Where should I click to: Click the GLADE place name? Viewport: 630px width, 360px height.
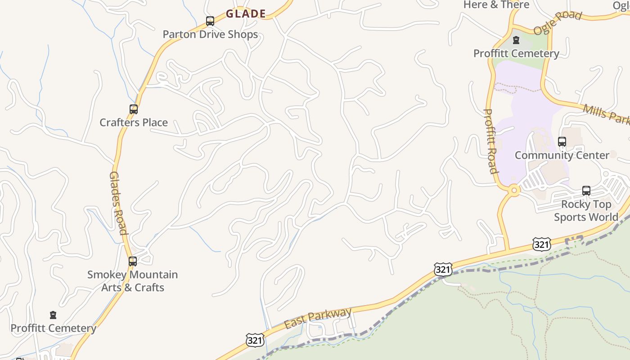coord(246,14)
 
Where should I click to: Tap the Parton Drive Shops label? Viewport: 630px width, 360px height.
coord(210,35)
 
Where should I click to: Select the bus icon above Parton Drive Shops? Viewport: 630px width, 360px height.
coord(210,21)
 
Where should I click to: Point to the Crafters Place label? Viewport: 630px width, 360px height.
coord(134,122)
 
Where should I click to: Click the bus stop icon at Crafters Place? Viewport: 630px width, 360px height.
coord(133,109)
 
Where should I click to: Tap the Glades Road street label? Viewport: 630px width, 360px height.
coord(118,203)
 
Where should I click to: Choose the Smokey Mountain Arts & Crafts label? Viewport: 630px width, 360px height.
coord(133,281)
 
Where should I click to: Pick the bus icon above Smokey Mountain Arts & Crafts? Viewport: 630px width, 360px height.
coord(132,261)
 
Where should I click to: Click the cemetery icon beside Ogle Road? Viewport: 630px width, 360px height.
coord(516,40)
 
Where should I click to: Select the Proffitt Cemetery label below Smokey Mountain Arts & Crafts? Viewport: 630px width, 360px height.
coord(54,328)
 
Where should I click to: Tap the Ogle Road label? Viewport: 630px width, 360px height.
coord(558,22)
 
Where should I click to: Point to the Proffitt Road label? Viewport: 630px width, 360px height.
coord(490,141)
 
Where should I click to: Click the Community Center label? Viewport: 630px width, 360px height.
coord(562,155)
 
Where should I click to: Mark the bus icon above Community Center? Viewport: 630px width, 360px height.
coord(562,142)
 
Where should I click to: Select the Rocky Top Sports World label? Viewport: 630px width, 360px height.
coord(586,211)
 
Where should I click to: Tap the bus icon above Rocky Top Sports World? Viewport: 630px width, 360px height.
coord(586,190)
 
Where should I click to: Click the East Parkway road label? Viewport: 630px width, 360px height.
coord(318,318)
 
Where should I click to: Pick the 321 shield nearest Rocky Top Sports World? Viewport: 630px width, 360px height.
coord(541,244)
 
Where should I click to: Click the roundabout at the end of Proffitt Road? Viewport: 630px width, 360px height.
coord(513,191)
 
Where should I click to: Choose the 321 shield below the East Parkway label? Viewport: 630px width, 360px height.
coord(255,340)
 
